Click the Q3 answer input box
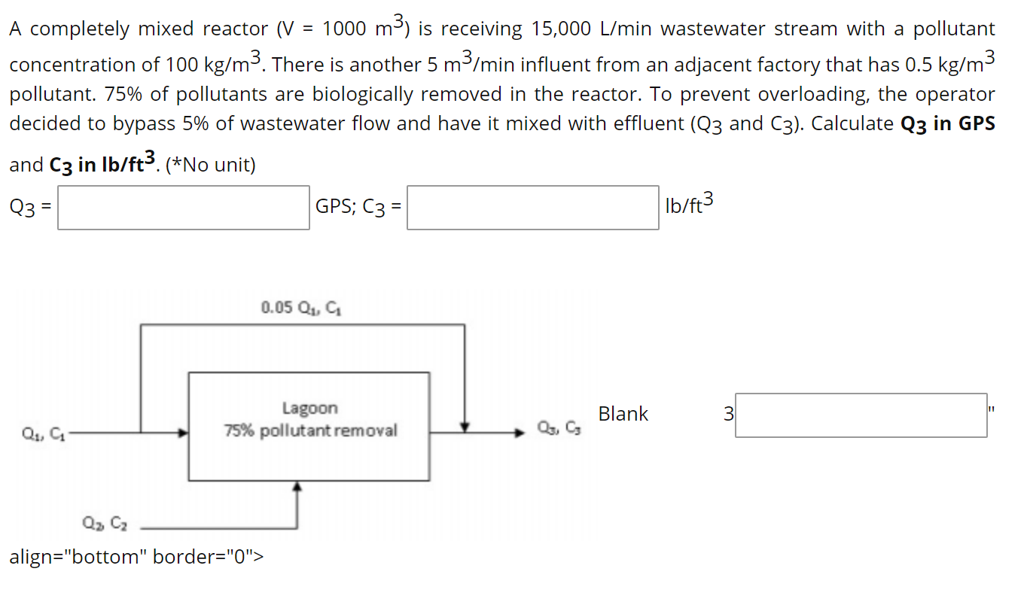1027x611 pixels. [x=183, y=208]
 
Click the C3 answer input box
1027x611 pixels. [x=533, y=208]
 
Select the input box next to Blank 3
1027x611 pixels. [x=861, y=415]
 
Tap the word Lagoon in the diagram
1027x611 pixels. [x=309, y=409]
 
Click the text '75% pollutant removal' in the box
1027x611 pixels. [x=309, y=431]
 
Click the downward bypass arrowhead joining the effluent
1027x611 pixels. [x=465, y=427]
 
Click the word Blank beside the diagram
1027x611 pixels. [x=623, y=414]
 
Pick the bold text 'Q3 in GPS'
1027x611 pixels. [x=948, y=124]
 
